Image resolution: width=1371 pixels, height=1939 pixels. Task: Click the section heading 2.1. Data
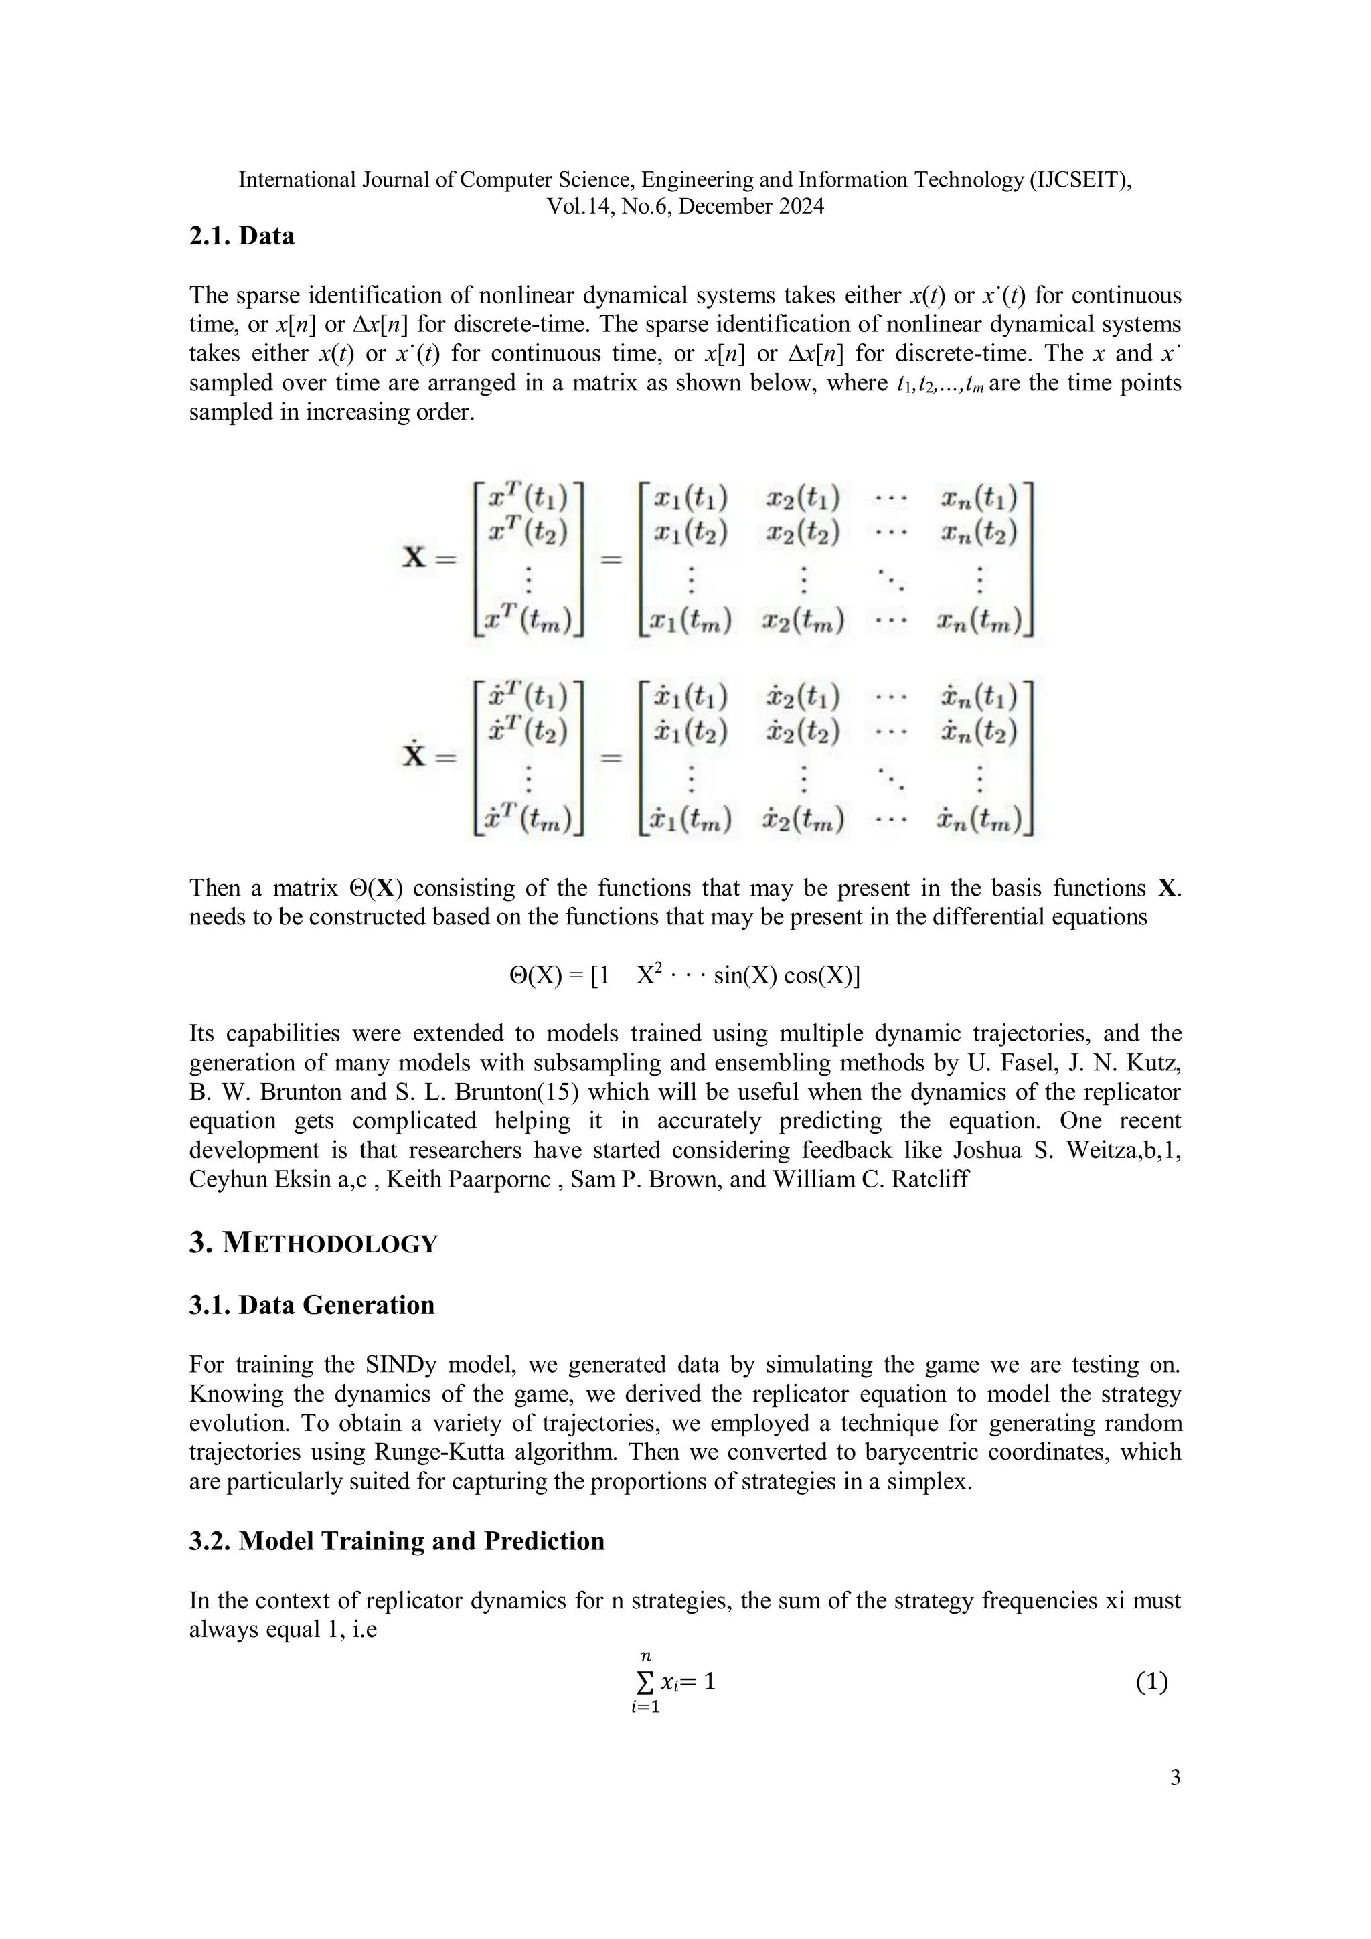coord(242,236)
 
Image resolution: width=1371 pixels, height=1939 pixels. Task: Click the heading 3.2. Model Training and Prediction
coord(396,1541)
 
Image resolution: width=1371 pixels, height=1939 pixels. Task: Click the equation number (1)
coord(1151,1682)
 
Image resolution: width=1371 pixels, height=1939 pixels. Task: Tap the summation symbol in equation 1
coord(645,1683)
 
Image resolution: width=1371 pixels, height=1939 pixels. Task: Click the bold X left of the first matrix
coord(414,558)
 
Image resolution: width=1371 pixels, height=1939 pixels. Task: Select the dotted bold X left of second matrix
coord(414,755)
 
